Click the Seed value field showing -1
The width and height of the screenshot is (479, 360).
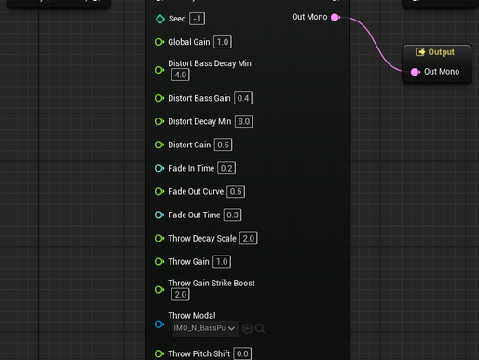coord(198,19)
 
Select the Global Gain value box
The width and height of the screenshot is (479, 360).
coord(222,42)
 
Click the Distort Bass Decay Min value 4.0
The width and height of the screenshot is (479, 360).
coord(180,75)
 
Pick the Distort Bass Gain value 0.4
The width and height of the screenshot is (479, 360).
coord(243,98)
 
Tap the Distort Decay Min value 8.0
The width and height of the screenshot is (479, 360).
coord(244,121)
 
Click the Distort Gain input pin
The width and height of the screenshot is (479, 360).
coord(159,145)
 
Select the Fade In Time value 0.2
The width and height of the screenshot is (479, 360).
coord(226,168)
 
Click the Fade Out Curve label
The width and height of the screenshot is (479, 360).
coord(196,191)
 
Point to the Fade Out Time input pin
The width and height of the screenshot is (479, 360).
coord(159,215)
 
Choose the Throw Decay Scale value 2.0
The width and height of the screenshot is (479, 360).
coord(248,238)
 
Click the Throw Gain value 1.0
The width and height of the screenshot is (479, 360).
coord(222,261)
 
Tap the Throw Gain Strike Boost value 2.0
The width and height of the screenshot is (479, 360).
coord(180,294)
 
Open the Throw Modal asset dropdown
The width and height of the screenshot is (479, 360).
coord(205,328)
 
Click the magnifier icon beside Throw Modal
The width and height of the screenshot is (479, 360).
coord(261,328)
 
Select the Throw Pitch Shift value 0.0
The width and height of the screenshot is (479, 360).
coord(242,353)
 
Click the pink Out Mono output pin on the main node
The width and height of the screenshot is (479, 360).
coord(335,17)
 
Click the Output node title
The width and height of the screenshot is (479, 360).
coord(441,52)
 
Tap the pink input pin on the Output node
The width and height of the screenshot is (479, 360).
coord(415,72)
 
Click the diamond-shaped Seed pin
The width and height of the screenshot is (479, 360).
coord(159,19)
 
